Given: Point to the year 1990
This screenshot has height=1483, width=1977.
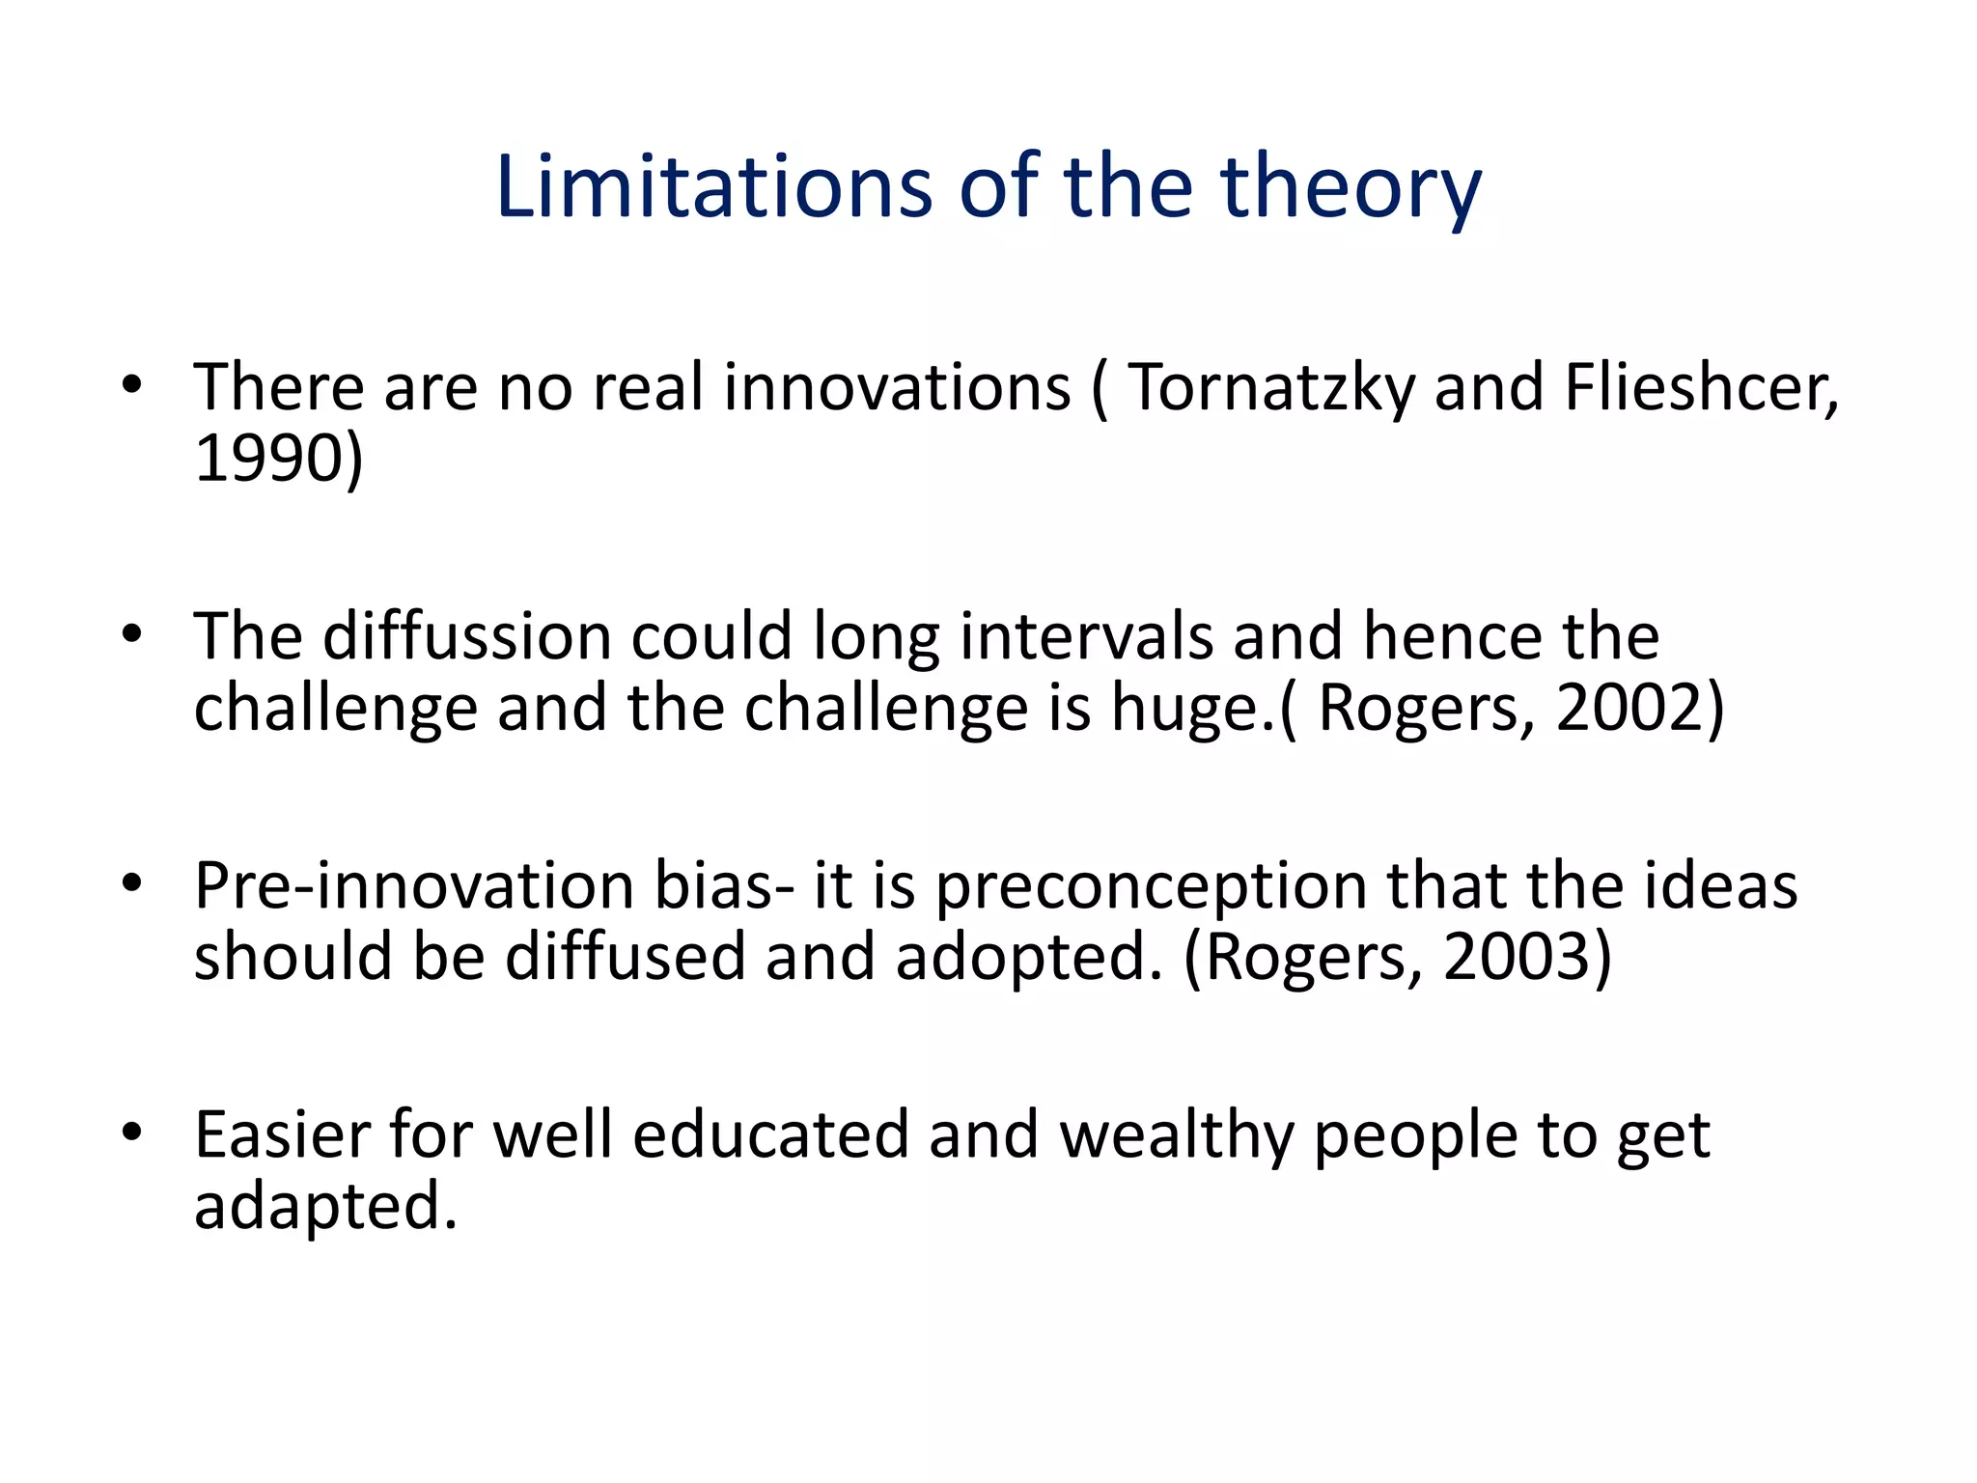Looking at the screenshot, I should pyautogui.click(x=268, y=459).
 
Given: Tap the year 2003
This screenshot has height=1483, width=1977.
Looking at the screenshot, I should pyautogui.click(x=1516, y=958).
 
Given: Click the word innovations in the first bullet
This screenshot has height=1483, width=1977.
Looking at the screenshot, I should pyautogui.click(x=897, y=387).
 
